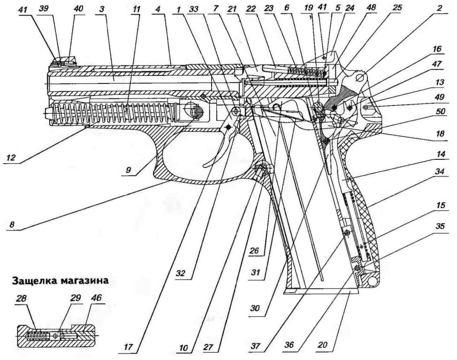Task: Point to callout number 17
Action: pyautogui.click(x=128, y=347)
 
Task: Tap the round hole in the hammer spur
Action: pyautogui.click(x=361, y=77)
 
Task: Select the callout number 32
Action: pyautogui.click(x=181, y=274)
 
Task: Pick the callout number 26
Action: pyautogui.click(x=255, y=250)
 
